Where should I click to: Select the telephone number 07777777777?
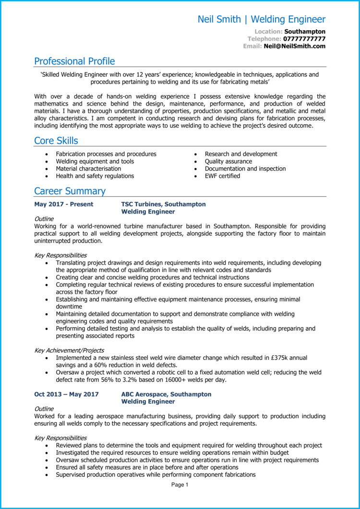pyautogui.click(x=304, y=39)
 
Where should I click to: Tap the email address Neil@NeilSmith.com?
pyautogui.click(x=294, y=46)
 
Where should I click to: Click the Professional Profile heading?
pyautogui.click(x=74, y=61)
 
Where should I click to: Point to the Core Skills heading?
pyautogui.click(x=56, y=141)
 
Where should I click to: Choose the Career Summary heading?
pyautogui.click(x=70, y=191)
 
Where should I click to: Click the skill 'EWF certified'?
pyautogui.click(x=222, y=176)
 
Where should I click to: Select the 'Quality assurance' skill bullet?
pyautogui.click(x=228, y=162)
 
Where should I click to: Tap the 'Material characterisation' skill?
pyautogui.click(x=88, y=169)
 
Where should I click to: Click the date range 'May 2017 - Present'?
pyautogui.click(x=64, y=204)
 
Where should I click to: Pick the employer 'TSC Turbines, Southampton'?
pyautogui.click(x=163, y=204)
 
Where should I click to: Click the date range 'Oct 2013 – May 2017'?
pyautogui.click(x=66, y=394)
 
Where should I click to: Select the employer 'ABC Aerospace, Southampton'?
pyautogui.click(x=166, y=394)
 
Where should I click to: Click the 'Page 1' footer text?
pyautogui.click(x=180, y=485)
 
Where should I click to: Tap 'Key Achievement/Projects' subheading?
pyautogui.click(x=69, y=350)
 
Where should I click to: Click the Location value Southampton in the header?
pyautogui.click(x=305, y=32)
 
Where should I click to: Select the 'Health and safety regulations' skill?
pyautogui.click(x=95, y=176)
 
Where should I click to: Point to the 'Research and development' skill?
pyautogui.click(x=241, y=154)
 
